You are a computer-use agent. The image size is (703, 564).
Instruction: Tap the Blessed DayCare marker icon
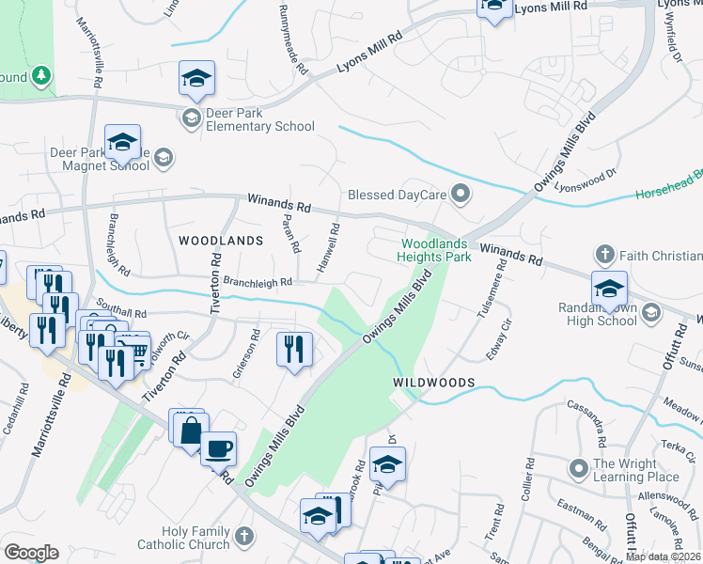[x=461, y=195]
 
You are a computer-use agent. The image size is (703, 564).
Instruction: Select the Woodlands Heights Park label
[x=432, y=249]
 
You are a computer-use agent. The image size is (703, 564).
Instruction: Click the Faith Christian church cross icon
[x=604, y=255]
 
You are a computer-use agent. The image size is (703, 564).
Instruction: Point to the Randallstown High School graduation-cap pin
[x=609, y=289]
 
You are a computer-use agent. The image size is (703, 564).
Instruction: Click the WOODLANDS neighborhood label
[x=220, y=241]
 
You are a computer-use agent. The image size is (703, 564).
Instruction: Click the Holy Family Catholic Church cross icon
[x=243, y=537]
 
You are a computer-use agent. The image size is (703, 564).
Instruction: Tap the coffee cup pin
[x=218, y=448]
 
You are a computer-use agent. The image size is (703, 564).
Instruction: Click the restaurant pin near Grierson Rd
[x=294, y=350]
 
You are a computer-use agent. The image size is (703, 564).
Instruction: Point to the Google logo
[x=32, y=553]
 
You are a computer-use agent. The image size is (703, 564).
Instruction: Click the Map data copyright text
[x=664, y=556]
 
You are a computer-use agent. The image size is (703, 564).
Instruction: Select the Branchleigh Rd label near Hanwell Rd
[x=258, y=281]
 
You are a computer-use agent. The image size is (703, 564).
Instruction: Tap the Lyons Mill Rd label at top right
[x=553, y=7]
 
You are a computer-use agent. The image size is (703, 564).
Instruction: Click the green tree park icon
[x=40, y=73]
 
